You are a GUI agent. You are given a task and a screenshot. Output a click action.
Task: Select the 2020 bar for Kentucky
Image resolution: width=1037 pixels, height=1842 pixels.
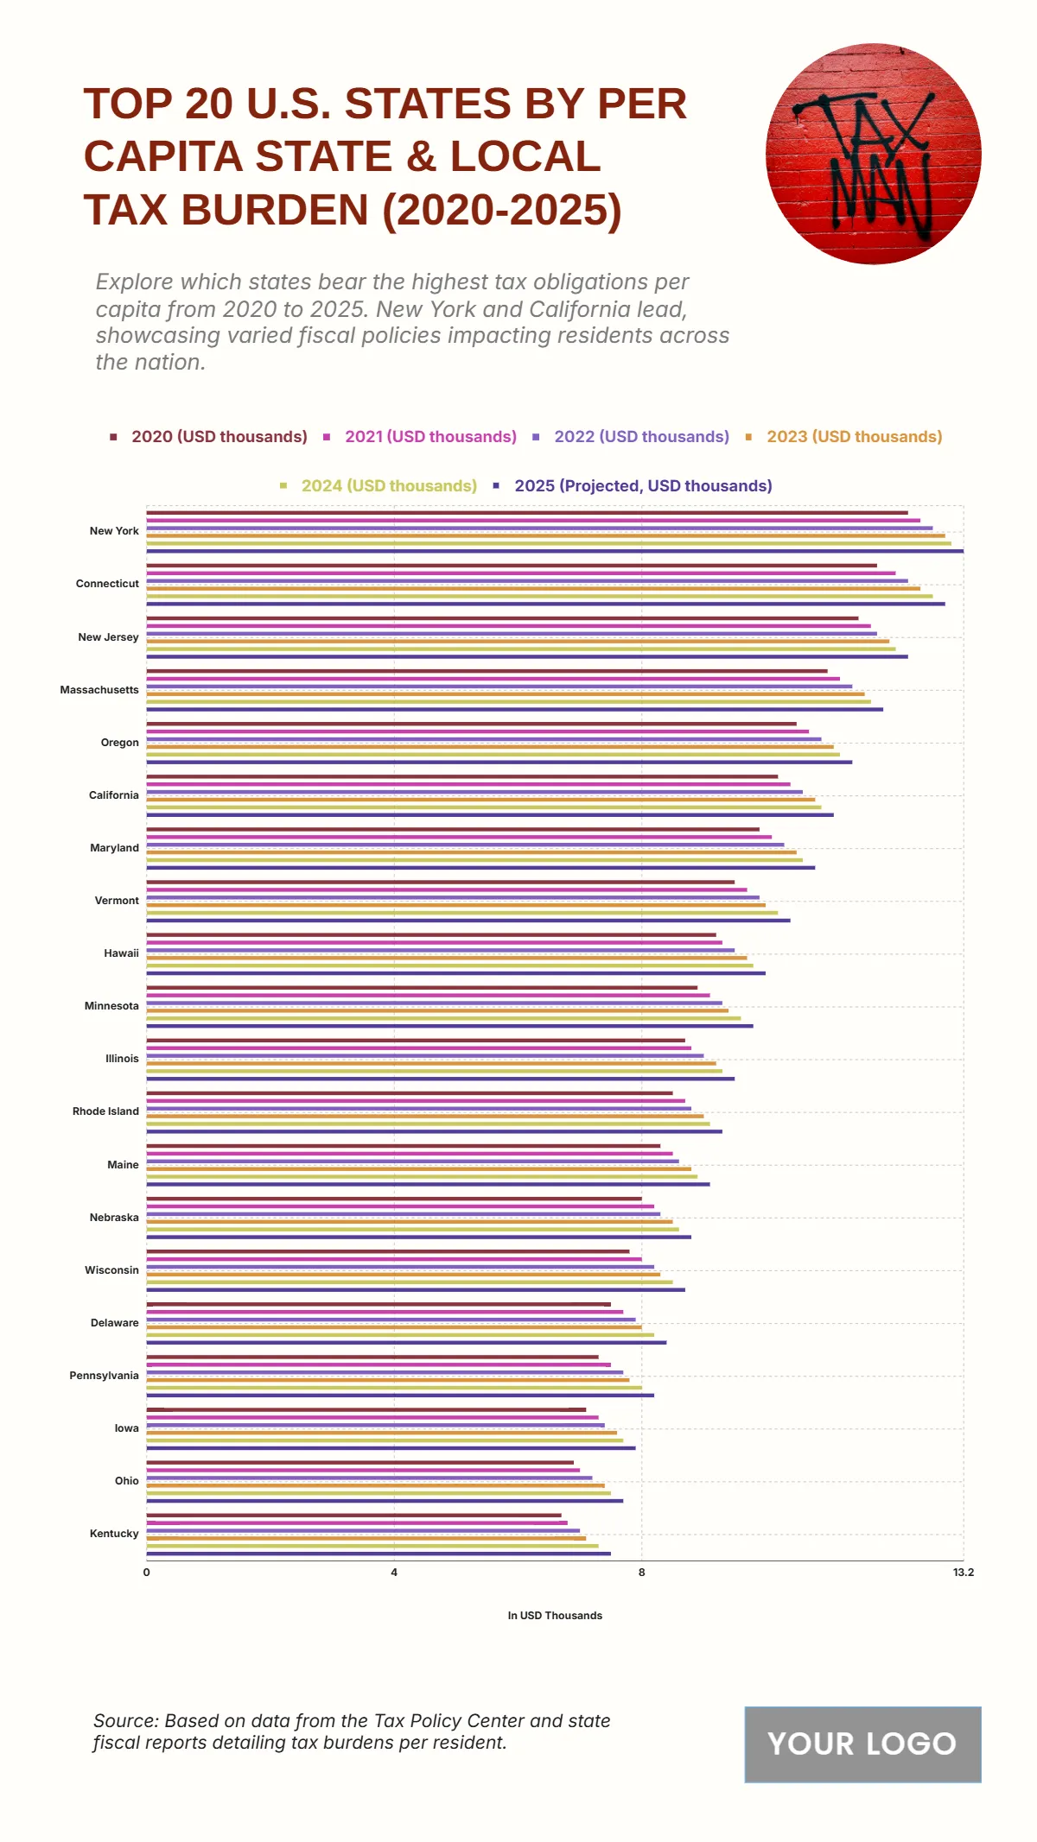354,1515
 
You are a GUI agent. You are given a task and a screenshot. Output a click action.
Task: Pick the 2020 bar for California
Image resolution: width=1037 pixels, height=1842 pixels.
462,776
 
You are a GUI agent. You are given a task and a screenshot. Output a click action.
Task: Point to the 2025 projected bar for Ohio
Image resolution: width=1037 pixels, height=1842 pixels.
385,1501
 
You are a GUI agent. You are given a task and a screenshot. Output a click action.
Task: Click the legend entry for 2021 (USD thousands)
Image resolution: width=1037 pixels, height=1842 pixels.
430,437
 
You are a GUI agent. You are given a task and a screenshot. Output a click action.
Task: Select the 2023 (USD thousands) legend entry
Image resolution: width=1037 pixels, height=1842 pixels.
854,437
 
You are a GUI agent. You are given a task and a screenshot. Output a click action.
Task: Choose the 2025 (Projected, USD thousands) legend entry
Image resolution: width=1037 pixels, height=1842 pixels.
643,486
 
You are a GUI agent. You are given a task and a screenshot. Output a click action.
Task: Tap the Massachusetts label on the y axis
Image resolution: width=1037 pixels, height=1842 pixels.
99,690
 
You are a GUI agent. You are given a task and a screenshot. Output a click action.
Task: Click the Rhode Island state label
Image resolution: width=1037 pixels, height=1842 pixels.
105,1111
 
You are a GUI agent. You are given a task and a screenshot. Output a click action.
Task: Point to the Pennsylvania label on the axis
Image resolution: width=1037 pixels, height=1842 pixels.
104,1376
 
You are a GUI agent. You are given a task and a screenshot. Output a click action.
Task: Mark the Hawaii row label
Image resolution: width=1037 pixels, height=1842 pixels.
121,953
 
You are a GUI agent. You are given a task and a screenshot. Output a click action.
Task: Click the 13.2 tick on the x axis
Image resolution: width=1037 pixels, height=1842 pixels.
964,1573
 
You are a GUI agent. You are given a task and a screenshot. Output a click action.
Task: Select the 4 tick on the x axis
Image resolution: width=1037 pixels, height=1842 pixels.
394,1573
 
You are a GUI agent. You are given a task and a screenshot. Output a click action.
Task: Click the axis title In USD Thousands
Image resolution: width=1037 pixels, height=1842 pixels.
555,1616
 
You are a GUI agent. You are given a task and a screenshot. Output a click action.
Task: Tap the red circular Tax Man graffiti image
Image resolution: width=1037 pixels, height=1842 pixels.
873,154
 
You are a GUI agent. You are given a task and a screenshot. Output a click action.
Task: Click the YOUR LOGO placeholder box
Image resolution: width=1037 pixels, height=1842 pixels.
862,1744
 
